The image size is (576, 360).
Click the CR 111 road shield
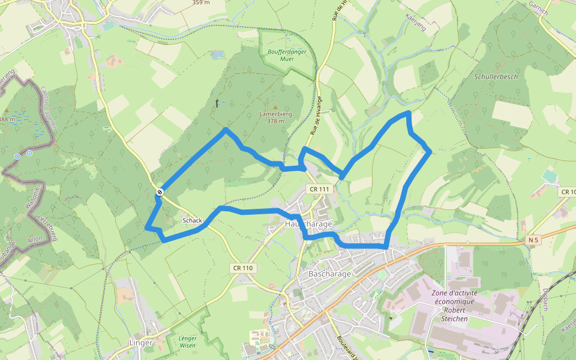click(x=319, y=189)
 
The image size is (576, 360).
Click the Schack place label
click(x=192, y=221)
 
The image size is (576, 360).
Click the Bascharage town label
click(x=329, y=274)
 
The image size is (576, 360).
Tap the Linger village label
click(x=142, y=343)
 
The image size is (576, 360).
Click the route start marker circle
click(x=160, y=192)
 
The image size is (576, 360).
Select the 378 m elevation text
click(x=275, y=121)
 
